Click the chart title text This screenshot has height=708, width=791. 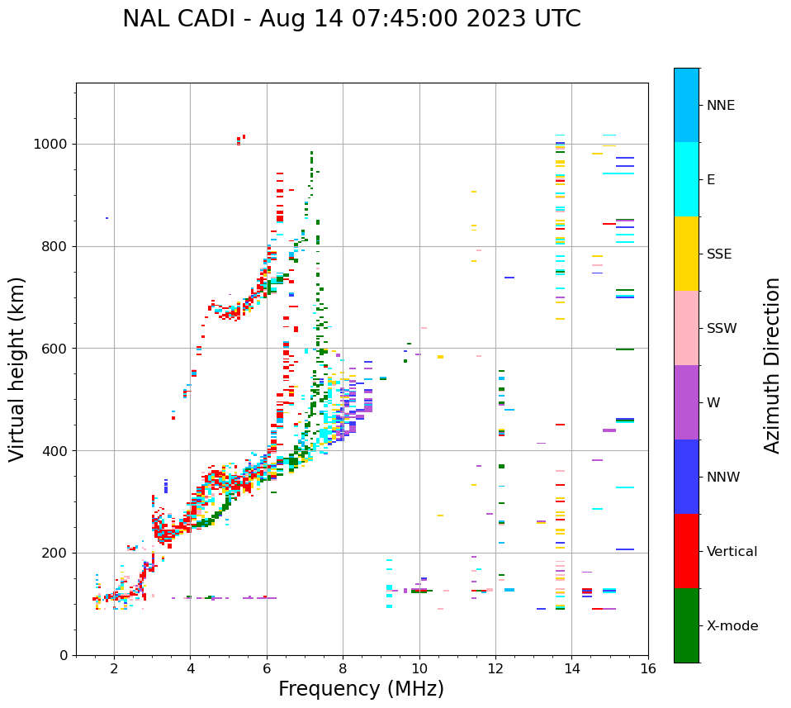(351, 19)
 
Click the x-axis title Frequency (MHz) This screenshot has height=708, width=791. (361, 689)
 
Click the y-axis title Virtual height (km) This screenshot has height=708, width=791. (17, 368)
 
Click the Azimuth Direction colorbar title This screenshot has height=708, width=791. (772, 364)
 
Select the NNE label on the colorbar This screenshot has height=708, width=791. (721, 106)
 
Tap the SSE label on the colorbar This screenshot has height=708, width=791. (719, 254)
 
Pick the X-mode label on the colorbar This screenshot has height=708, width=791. (732, 626)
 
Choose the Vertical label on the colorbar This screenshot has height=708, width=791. (732, 552)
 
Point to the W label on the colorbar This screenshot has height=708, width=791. (713, 403)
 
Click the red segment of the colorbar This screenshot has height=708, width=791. (686, 551)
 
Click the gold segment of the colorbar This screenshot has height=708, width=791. (686, 254)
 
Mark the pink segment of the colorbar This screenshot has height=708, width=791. (686, 328)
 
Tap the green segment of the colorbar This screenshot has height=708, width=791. (686, 625)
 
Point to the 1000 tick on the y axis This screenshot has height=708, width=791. (54, 145)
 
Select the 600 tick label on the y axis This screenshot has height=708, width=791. (59, 349)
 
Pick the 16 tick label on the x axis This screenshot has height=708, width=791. (648, 669)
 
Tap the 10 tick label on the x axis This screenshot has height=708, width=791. (419, 669)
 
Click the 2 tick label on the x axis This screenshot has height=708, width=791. (114, 669)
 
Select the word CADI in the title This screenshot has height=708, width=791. (211, 19)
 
